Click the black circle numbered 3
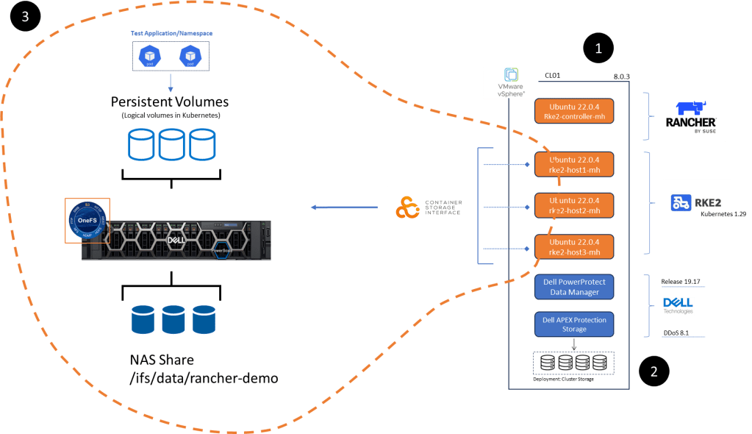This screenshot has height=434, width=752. pyautogui.click(x=26, y=18)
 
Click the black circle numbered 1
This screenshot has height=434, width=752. pyautogui.click(x=598, y=49)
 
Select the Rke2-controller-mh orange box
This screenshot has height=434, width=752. pyautogui.click(x=574, y=110)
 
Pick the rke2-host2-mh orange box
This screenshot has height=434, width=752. pyautogui.click(x=574, y=205)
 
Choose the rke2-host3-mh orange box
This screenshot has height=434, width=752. pyautogui.click(x=574, y=247)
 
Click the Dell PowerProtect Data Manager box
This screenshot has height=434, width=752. pyautogui.click(x=574, y=287)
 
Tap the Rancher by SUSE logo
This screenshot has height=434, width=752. pyautogui.click(x=691, y=116)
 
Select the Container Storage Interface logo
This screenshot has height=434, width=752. pyautogui.click(x=429, y=207)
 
